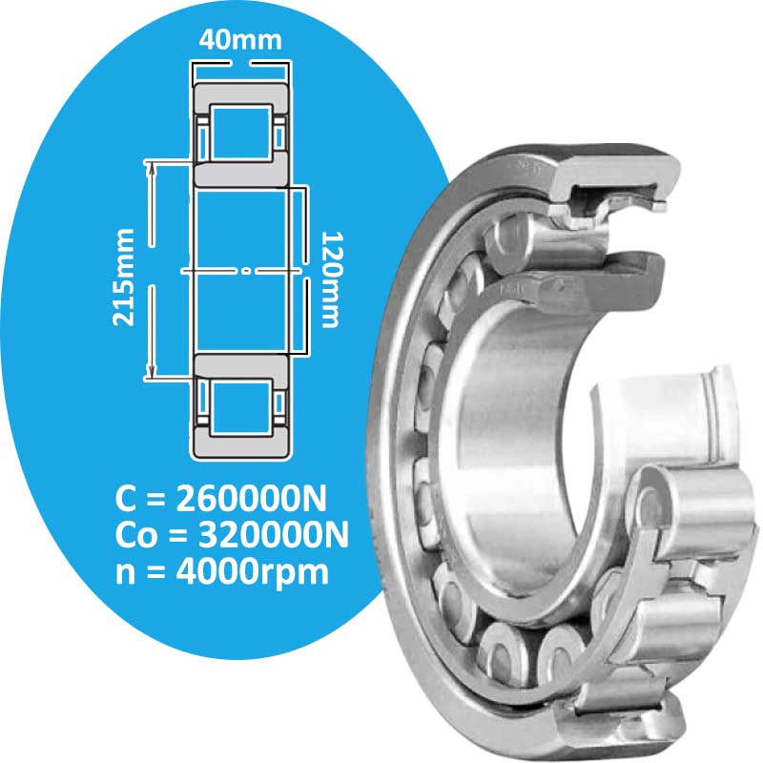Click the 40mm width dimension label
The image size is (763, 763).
pyautogui.click(x=240, y=40)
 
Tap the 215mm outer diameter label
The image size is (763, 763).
pyautogui.click(x=123, y=278)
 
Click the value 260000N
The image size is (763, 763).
pyautogui.click(x=251, y=499)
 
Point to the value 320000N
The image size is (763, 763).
pyautogui.click(x=274, y=535)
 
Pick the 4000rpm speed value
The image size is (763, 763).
pyautogui.click(x=252, y=573)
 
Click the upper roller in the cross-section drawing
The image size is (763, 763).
pyautogui.click(x=241, y=133)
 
